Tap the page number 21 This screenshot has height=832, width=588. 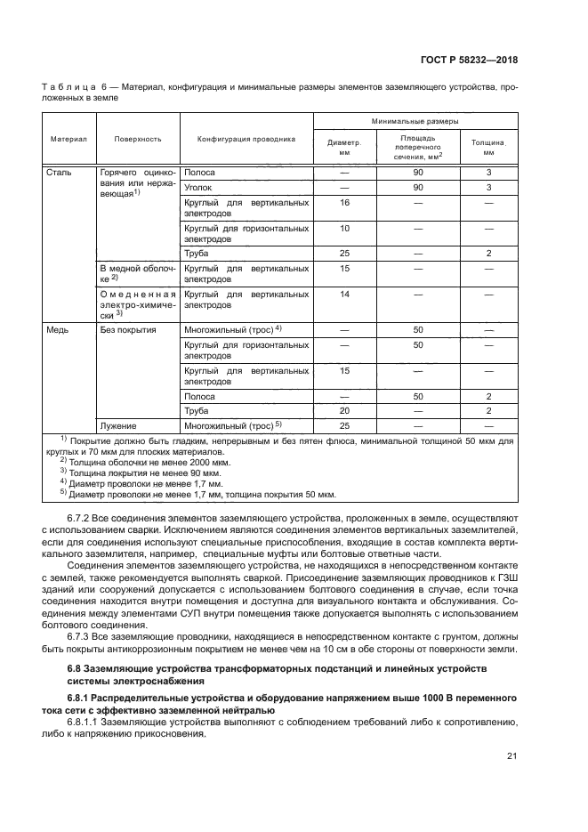click(x=511, y=756)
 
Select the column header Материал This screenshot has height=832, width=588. click(x=68, y=139)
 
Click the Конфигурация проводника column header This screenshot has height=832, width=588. click(x=246, y=139)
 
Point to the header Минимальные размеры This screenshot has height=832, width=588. click(x=415, y=120)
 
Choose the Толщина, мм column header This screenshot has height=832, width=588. click(x=488, y=146)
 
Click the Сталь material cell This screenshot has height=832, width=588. click(x=59, y=172)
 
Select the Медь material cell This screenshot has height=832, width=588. click(x=59, y=329)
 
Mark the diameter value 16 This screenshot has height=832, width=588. click(x=344, y=204)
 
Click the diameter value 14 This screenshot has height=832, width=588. click(x=344, y=294)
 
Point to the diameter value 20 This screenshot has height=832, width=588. click(x=344, y=411)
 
